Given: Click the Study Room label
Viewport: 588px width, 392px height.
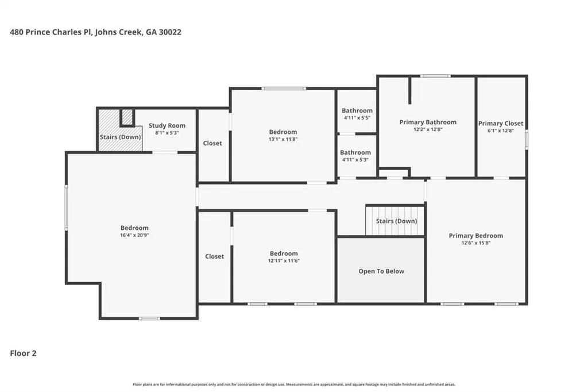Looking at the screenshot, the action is [167, 125].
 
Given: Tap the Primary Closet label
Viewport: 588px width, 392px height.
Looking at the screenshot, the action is [501, 123].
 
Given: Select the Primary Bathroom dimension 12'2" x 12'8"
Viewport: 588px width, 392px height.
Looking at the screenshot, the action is [428, 129].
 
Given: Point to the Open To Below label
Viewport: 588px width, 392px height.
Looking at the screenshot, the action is [381, 271].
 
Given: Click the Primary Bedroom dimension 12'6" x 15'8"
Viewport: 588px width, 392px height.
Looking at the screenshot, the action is [476, 243].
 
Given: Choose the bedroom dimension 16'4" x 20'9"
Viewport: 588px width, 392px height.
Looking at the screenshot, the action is [134, 235].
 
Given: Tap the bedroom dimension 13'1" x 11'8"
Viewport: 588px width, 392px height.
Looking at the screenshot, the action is [283, 139].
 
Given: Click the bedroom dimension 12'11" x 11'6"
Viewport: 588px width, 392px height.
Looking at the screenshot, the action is [284, 260].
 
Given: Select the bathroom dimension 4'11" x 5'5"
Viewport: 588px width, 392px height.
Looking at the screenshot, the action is [357, 117].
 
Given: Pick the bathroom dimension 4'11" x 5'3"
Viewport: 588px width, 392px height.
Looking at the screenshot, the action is [355, 160].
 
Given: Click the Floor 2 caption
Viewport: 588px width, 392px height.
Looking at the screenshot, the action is [23, 353].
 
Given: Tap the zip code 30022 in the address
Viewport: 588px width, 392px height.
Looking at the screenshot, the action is [170, 32].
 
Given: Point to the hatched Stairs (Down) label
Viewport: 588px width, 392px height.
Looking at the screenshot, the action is [121, 137].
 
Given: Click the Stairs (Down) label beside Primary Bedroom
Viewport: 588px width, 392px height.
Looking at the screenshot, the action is [396, 221].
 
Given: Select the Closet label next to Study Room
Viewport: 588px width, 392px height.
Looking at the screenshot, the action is [212, 143].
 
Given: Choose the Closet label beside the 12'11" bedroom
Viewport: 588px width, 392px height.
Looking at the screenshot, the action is [215, 256].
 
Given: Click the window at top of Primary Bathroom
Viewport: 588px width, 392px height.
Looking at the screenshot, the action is [435, 76].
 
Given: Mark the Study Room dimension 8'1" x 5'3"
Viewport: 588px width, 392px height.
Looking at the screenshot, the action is [167, 133].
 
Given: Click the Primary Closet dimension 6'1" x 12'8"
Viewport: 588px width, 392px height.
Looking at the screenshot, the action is [501, 130].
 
